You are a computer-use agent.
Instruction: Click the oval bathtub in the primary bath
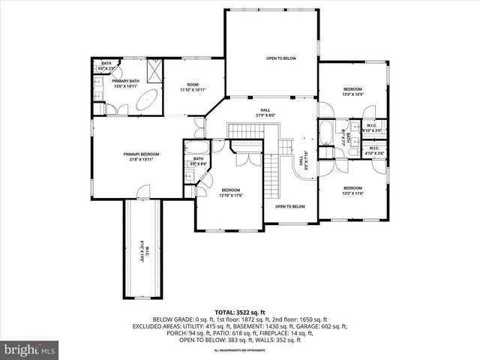(148, 97)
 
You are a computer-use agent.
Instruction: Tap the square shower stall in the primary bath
(154, 70)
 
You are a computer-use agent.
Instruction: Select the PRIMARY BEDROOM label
(142, 156)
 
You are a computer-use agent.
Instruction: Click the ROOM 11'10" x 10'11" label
(193, 87)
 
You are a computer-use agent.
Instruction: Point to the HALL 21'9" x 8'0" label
(265, 112)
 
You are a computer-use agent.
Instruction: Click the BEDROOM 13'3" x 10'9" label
(352, 91)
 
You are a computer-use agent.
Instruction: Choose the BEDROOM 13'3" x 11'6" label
(352, 190)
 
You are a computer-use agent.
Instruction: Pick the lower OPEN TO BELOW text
(289, 206)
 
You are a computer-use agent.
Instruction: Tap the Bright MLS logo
(30, 349)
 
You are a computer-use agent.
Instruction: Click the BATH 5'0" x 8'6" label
(198, 160)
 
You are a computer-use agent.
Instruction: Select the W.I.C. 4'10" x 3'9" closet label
(372, 127)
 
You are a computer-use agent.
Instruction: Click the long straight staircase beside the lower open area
(271, 180)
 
